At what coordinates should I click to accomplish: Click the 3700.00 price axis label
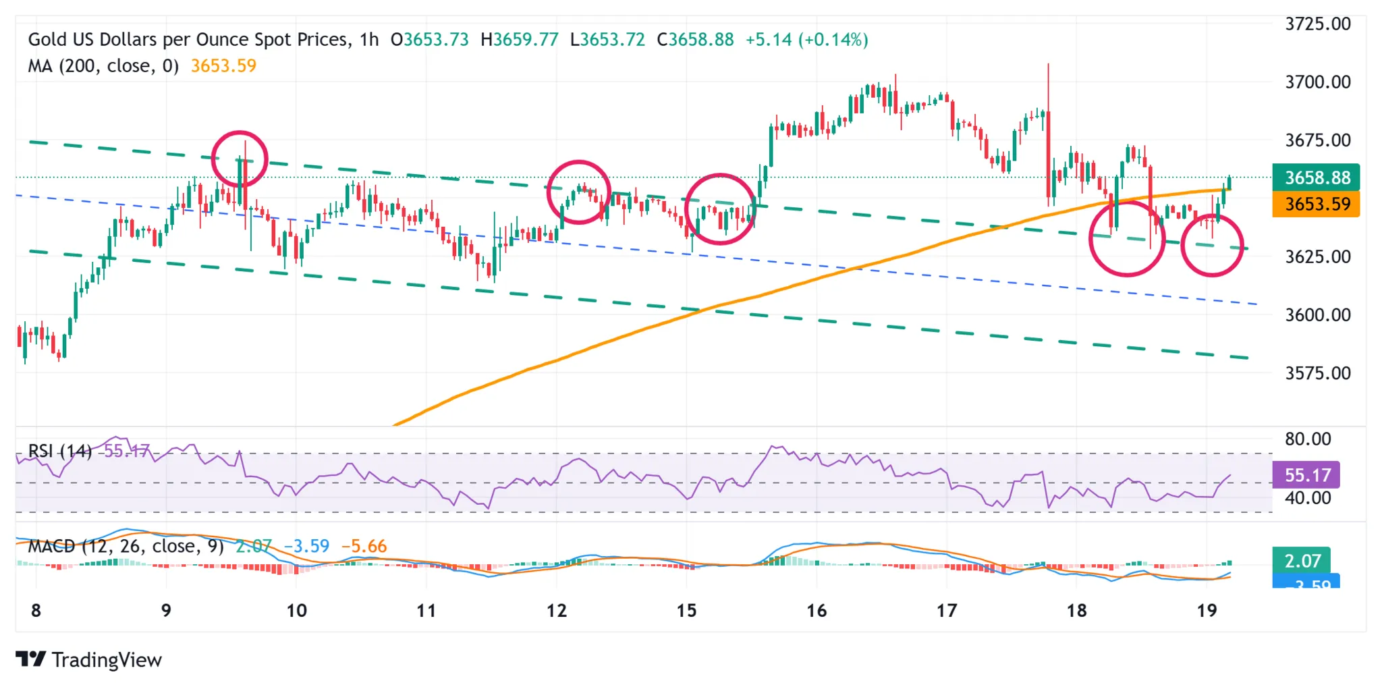pyautogui.click(x=1317, y=82)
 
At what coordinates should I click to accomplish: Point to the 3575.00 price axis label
pyautogui.click(x=1317, y=373)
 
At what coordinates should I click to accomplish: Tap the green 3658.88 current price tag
pyautogui.click(x=1315, y=177)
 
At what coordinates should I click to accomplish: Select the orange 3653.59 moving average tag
pyautogui.click(x=1315, y=204)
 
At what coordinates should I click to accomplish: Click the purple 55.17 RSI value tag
pyautogui.click(x=1306, y=475)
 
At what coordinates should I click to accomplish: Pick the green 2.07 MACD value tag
pyautogui.click(x=1301, y=561)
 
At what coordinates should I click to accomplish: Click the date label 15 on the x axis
pyautogui.click(x=686, y=611)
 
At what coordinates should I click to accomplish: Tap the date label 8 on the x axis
pyautogui.click(x=36, y=611)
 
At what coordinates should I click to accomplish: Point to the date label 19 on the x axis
pyautogui.click(x=1207, y=611)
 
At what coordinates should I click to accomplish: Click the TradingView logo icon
pyautogui.click(x=30, y=659)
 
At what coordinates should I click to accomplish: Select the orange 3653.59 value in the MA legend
pyautogui.click(x=223, y=66)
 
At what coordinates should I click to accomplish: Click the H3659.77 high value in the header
pyautogui.click(x=520, y=40)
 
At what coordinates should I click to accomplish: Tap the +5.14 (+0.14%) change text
pyautogui.click(x=806, y=40)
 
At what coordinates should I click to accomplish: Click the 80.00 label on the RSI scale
pyautogui.click(x=1307, y=439)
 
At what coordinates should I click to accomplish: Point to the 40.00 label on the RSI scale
pyautogui.click(x=1307, y=498)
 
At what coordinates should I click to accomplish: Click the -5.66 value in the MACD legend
pyautogui.click(x=364, y=546)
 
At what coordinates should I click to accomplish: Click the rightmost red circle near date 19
pyautogui.click(x=1212, y=245)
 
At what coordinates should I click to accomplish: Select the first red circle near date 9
pyautogui.click(x=240, y=159)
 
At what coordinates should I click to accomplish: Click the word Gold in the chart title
pyautogui.click(x=47, y=40)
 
